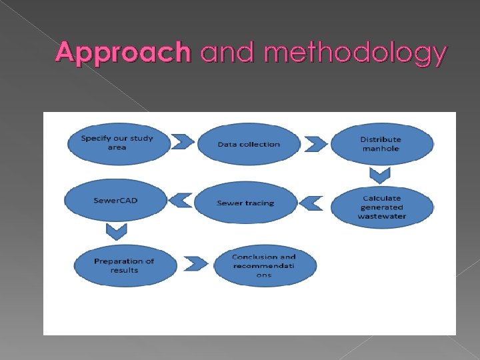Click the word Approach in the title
123,53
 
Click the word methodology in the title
355,54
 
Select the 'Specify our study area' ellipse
116,143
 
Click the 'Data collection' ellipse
249,144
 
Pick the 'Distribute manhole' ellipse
381,144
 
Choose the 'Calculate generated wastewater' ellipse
382,207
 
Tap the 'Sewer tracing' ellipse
245,203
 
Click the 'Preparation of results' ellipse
125,265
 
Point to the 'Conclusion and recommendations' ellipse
264,265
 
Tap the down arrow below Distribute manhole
380,175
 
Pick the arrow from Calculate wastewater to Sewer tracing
313,202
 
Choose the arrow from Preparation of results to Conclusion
195,264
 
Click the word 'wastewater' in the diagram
382,216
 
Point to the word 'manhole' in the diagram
381,149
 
